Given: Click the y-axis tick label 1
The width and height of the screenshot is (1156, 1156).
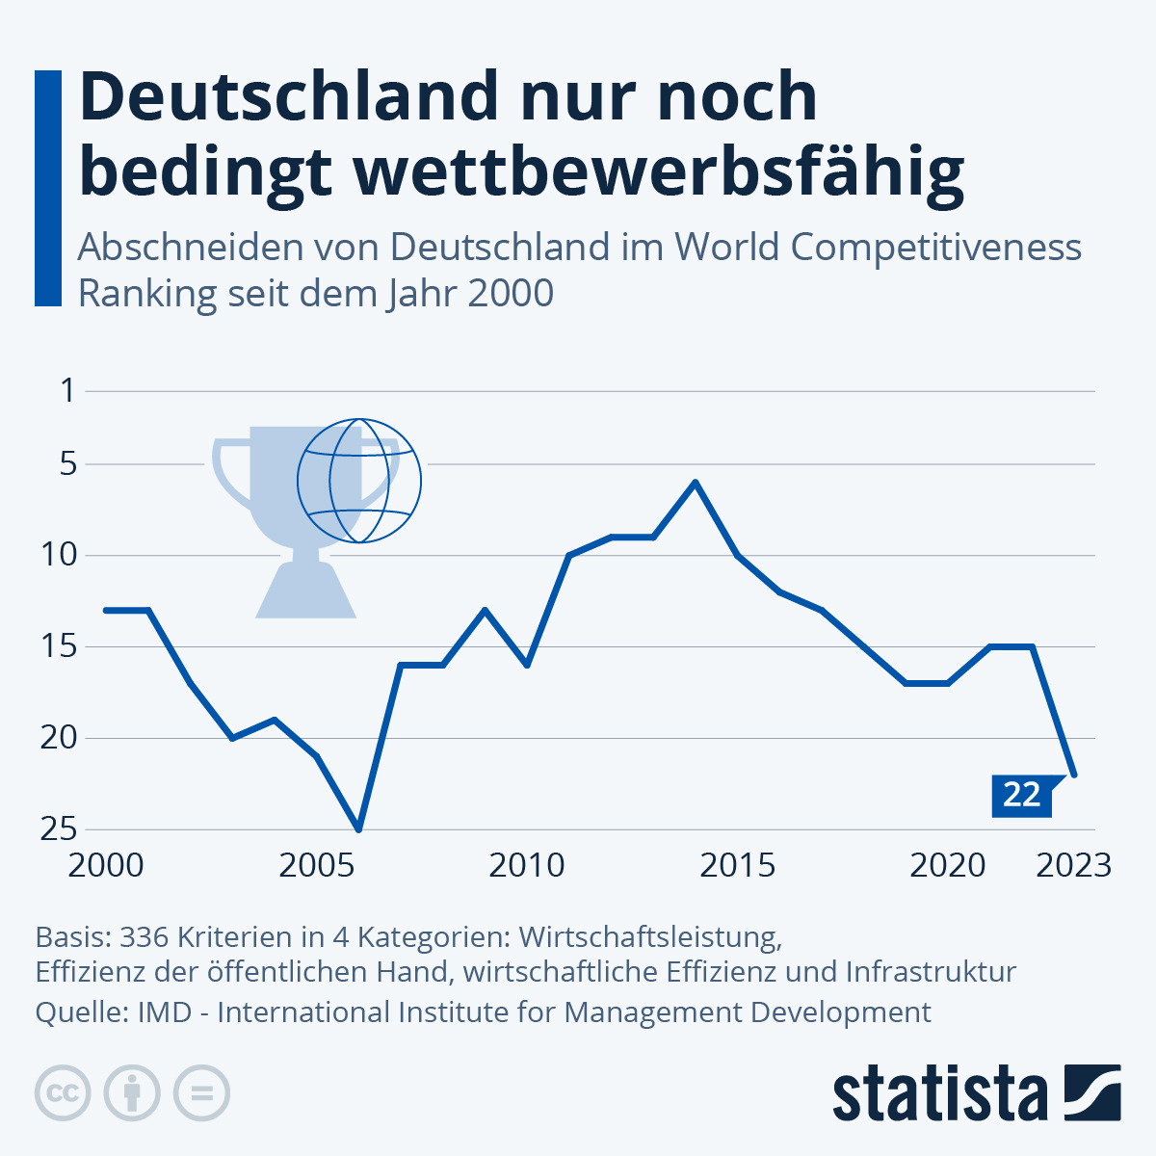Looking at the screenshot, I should click(67, 391).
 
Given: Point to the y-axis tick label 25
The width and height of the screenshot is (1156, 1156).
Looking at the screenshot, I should click(58, 828).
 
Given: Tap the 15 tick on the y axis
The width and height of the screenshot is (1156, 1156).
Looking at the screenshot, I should click(58, 646).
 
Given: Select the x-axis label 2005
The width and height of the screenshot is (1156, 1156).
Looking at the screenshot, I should click(317, 865).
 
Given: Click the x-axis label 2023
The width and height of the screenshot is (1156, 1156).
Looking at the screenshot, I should click(1073, 865).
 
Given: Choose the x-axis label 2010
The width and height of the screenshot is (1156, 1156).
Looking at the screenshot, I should click(527, 865).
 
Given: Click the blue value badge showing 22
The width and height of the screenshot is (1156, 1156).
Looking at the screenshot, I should click(1021, 795).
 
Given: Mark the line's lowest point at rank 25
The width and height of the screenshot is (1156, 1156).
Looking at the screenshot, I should click(358, 828).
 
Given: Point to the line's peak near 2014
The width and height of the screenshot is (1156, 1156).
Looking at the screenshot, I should click(695, 482).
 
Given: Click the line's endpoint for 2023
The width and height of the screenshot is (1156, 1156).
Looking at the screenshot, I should click(1074, 775).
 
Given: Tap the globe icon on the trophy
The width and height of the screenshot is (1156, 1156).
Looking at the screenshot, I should click(359, 480).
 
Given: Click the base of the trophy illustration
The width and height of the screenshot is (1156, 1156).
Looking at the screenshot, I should click(306, 591).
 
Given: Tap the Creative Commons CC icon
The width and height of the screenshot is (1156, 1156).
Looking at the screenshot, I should click(63, 1093).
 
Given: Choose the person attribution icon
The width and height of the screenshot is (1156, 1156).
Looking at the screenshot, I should click(132, 1093).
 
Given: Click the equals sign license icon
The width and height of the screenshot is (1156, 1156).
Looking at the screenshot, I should click(201, 1093).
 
